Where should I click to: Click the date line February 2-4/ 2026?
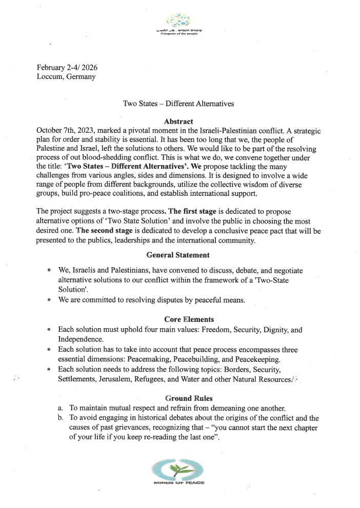66,68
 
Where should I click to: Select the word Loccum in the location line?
50,77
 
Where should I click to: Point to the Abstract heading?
178,121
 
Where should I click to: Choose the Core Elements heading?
178,319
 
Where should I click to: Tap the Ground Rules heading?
178,398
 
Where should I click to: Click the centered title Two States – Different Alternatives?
178,104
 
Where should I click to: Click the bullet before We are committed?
49,300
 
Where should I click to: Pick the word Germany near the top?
81,77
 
